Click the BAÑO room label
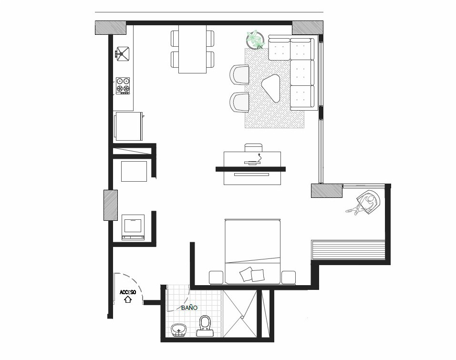point(189,308)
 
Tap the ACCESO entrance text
point(128,292)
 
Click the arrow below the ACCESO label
point(128,299)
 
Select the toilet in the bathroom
point(205,326)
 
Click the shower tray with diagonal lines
point(240,313)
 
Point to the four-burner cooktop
point(123,85)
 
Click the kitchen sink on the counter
point(123,54)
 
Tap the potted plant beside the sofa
point(255,40)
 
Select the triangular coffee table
point(271,87)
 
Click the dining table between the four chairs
point(193,49)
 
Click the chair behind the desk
point(254,147)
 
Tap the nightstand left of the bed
point(216,278)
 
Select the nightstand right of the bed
point(289,278)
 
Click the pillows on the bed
point(252,274)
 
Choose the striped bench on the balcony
point(348,249)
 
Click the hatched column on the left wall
point(111,206)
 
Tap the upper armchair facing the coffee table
point(239,75)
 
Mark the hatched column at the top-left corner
point(111,28)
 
